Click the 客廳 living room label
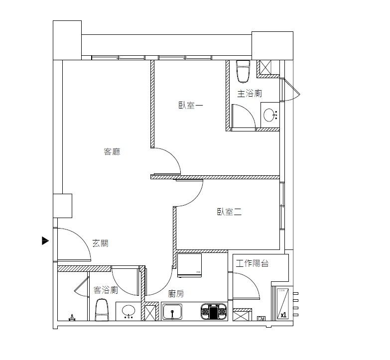(x=112, y=152)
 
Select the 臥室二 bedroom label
(x=229, y=212)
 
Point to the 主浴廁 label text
(x=250, y=93)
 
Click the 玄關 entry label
(x=100, y=243)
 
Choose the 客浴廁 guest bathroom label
(x=106, y=290)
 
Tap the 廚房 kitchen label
(x=176, y=294)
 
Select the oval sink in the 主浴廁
(x=269, y=116)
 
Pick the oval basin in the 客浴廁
(x=128, y=312)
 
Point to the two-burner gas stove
(x=214, y=312)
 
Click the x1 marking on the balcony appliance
(x=283, y=315)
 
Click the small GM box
(x=260, y=319)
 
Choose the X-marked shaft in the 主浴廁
(x=263, y=67)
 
